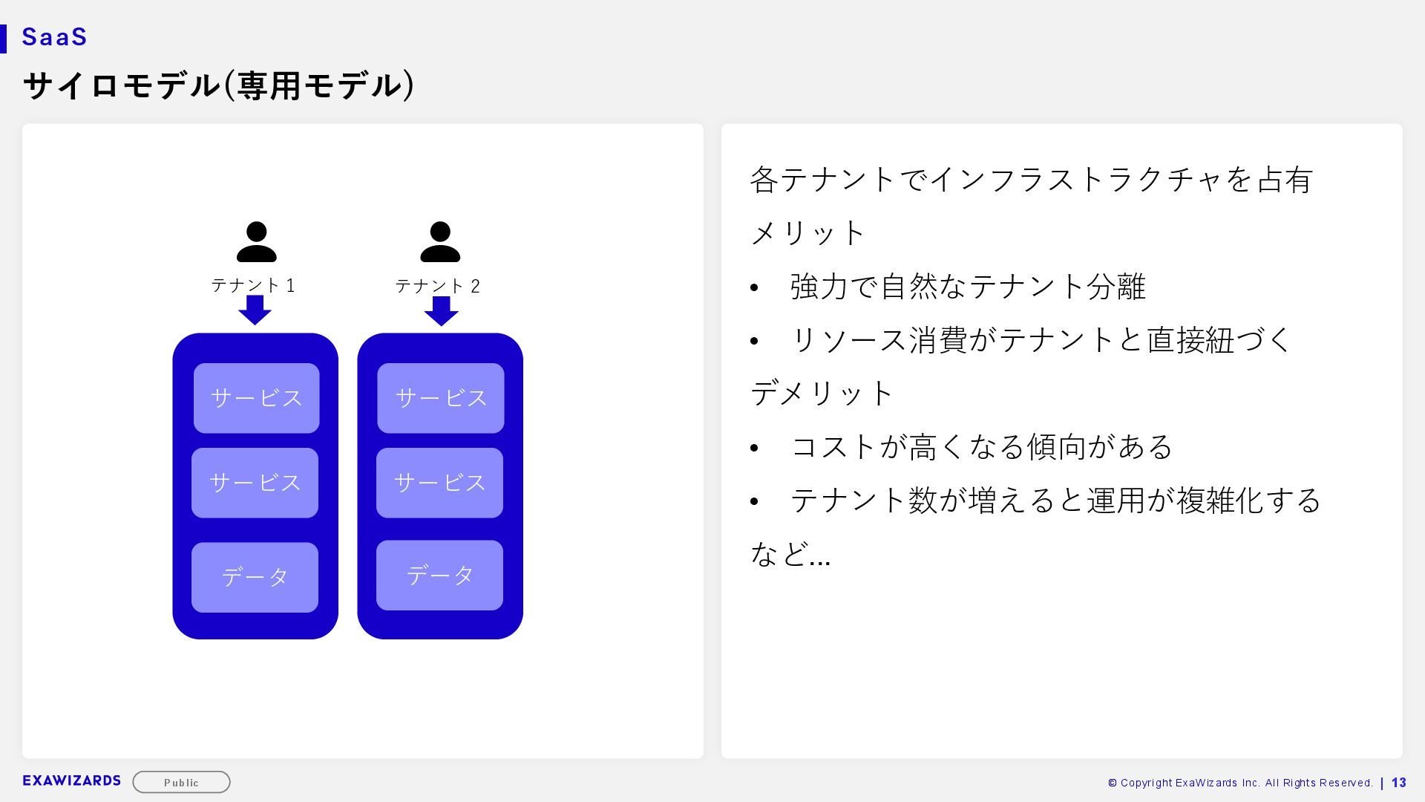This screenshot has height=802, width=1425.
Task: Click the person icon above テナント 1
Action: click(256, 242)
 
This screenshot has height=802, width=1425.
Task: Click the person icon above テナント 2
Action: click(440, 242)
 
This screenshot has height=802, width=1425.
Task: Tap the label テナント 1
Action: click(253, 285)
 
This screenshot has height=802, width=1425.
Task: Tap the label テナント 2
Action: click(437, 286)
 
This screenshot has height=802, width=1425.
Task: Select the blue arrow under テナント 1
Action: click(255, 310)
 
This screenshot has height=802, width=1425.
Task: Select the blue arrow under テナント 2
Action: click(441, 310)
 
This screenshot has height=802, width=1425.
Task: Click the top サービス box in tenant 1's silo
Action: click(257, 398)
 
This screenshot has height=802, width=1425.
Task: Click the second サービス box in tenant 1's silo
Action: click(255, 483)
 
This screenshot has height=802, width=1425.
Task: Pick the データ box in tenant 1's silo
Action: click(255, 577)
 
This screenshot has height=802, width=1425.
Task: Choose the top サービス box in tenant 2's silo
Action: click(441, 398)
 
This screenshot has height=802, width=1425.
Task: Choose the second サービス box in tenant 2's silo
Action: click(439, 483)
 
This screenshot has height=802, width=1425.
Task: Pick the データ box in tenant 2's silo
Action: click(439, 575)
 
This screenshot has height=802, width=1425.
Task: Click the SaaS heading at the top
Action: click(55, 37)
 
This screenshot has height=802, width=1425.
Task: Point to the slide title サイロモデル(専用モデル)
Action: click(219, 85)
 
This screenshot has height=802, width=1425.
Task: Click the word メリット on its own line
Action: click(807, 233)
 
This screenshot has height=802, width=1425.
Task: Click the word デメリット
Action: click(822, 394)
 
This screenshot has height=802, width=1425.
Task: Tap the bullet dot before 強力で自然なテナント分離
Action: click(755, 287)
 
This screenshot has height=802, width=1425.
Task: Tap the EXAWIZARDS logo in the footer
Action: click(72, 780)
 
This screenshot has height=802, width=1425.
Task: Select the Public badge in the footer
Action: click(181, 782)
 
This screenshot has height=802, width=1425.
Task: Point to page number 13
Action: click(1399, 783)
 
